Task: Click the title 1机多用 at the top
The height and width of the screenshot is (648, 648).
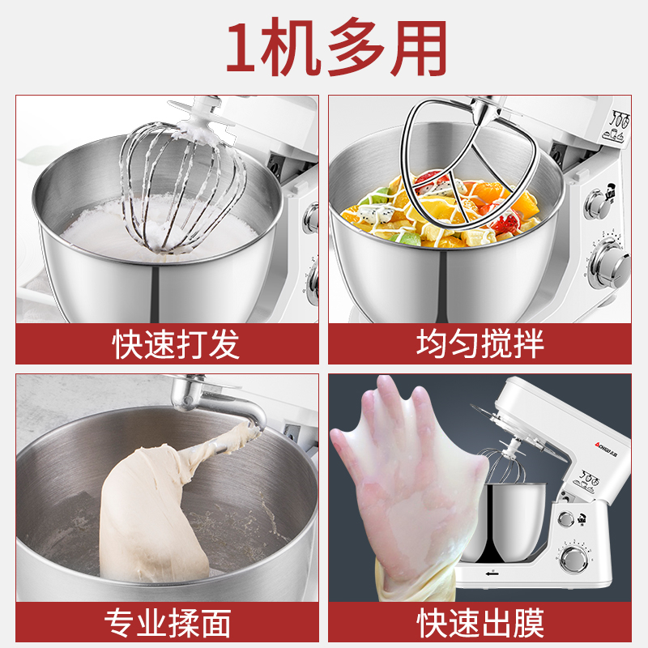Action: [x=335, y=46]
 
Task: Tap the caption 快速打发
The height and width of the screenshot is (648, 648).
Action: [x=175, y=344]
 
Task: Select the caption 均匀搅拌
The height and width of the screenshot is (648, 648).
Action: [x=480, y=343]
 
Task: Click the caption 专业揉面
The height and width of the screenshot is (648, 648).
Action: [x=168, y=623]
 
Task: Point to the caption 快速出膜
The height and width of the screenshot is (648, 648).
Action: [x=480, y=623]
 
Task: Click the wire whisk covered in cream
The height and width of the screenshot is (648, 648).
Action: [x=181, y=186]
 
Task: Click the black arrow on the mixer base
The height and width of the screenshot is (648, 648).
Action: [x=492, y=573]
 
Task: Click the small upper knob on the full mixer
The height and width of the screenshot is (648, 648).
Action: [x=565, y=518]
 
